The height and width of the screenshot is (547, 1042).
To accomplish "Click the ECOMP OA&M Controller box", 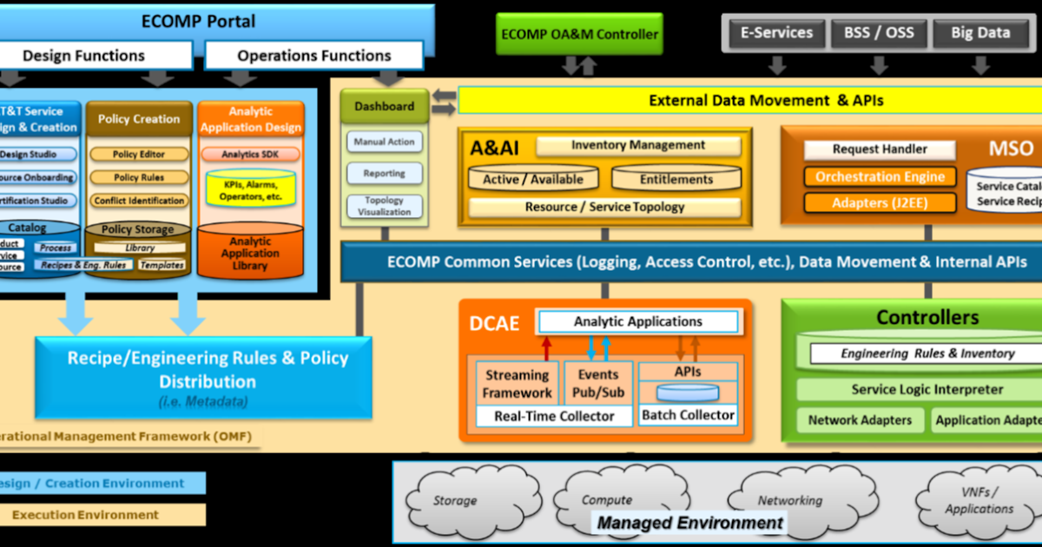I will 579,35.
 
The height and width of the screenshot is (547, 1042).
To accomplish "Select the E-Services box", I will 775,34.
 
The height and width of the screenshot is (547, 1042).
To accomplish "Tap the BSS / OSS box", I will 879,34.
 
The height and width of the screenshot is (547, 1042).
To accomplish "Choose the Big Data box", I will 980,34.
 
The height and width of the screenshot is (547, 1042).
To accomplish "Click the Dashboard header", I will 385,106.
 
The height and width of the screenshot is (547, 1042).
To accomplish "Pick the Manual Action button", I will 385,142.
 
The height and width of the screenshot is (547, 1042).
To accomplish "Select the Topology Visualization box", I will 385,206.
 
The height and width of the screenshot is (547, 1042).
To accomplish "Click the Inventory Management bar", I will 638,146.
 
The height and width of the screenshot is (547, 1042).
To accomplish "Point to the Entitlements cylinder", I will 676,179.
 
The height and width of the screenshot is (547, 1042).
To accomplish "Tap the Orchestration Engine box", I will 880,177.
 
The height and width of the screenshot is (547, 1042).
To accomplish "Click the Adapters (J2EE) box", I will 880,203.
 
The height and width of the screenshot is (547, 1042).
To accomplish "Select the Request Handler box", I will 880,149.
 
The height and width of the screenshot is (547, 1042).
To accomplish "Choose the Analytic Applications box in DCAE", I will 638,322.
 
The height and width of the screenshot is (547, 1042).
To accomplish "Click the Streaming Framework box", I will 517,384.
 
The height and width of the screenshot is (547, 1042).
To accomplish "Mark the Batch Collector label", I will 688,416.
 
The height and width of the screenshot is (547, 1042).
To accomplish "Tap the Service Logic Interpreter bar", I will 927,390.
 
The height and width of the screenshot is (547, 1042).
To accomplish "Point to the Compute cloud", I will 606,499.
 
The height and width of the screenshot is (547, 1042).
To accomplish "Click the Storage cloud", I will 455,500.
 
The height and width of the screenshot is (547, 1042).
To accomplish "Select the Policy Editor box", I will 139,154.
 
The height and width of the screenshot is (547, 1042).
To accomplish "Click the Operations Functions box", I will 313,56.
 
